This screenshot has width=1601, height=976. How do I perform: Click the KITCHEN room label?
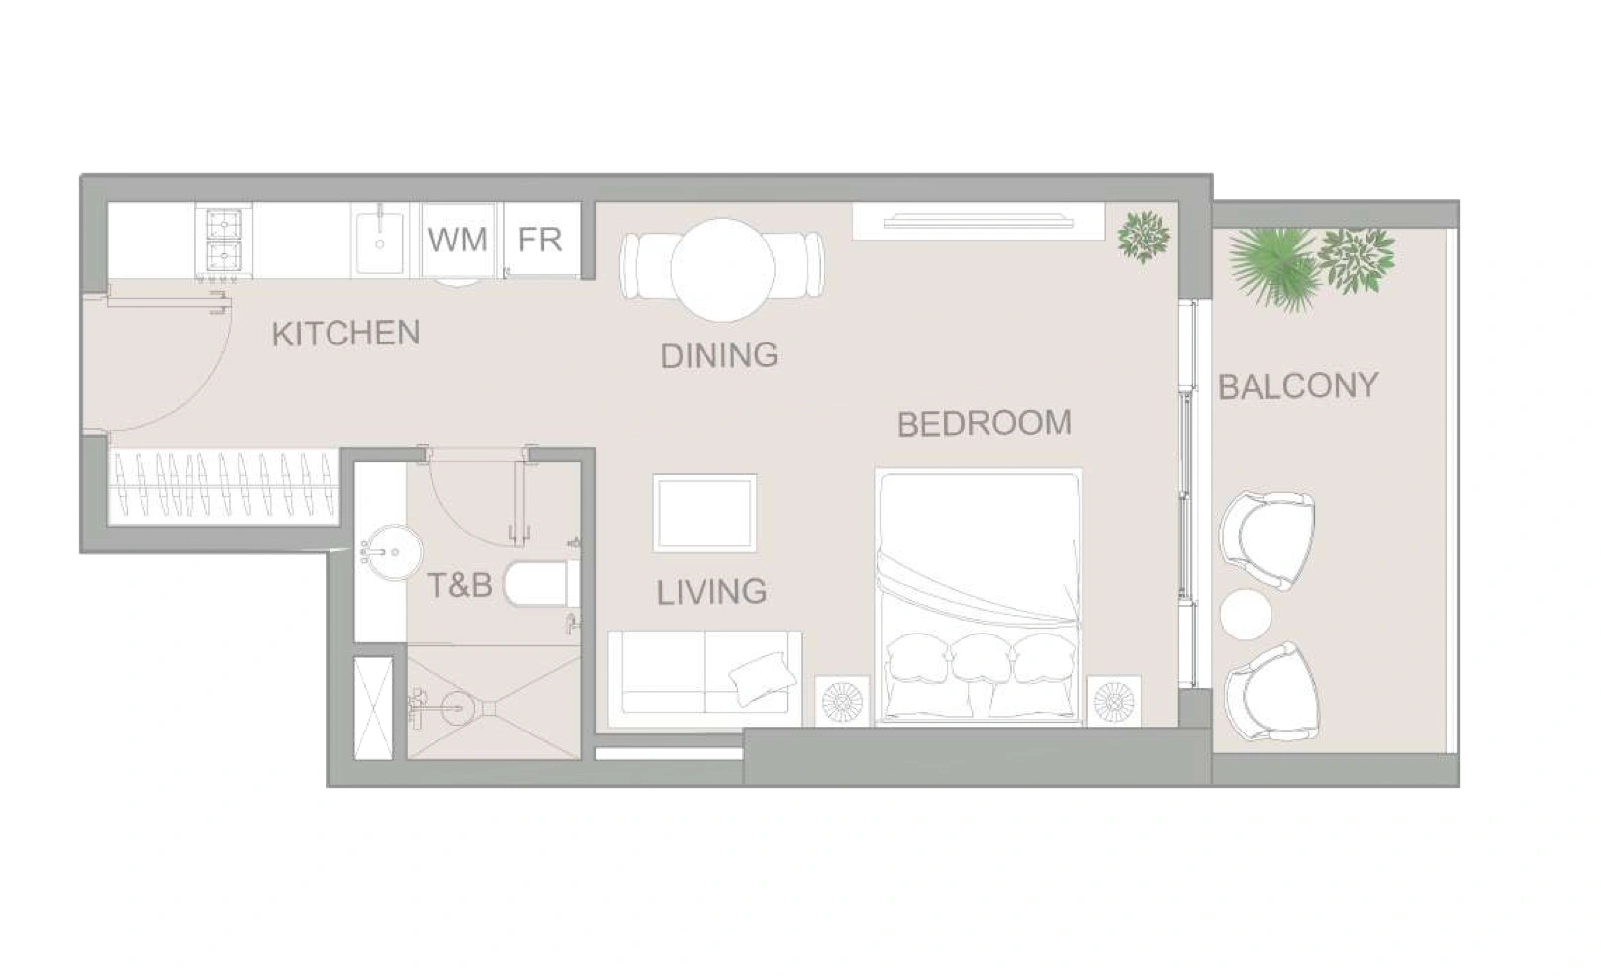346,334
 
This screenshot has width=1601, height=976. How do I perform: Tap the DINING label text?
719,356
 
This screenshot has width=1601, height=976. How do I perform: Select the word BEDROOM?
985,424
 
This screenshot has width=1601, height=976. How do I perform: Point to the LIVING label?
711,592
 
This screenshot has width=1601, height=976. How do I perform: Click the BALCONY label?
1298,386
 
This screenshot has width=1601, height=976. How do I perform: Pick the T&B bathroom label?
460,586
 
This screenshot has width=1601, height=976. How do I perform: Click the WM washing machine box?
458,241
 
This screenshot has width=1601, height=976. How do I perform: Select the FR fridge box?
541,241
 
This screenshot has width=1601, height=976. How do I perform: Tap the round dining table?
722,270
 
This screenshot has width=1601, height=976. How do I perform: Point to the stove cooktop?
224,242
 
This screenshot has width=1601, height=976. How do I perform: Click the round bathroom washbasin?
392,552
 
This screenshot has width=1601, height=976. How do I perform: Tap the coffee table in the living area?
705,514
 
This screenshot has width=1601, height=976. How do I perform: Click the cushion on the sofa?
762,679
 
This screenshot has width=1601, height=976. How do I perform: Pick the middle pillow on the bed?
982,659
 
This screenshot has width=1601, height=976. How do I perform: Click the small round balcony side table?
1247,614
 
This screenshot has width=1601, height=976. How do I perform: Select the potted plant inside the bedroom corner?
1144,237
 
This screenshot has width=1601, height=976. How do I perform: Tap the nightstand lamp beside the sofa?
843,701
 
